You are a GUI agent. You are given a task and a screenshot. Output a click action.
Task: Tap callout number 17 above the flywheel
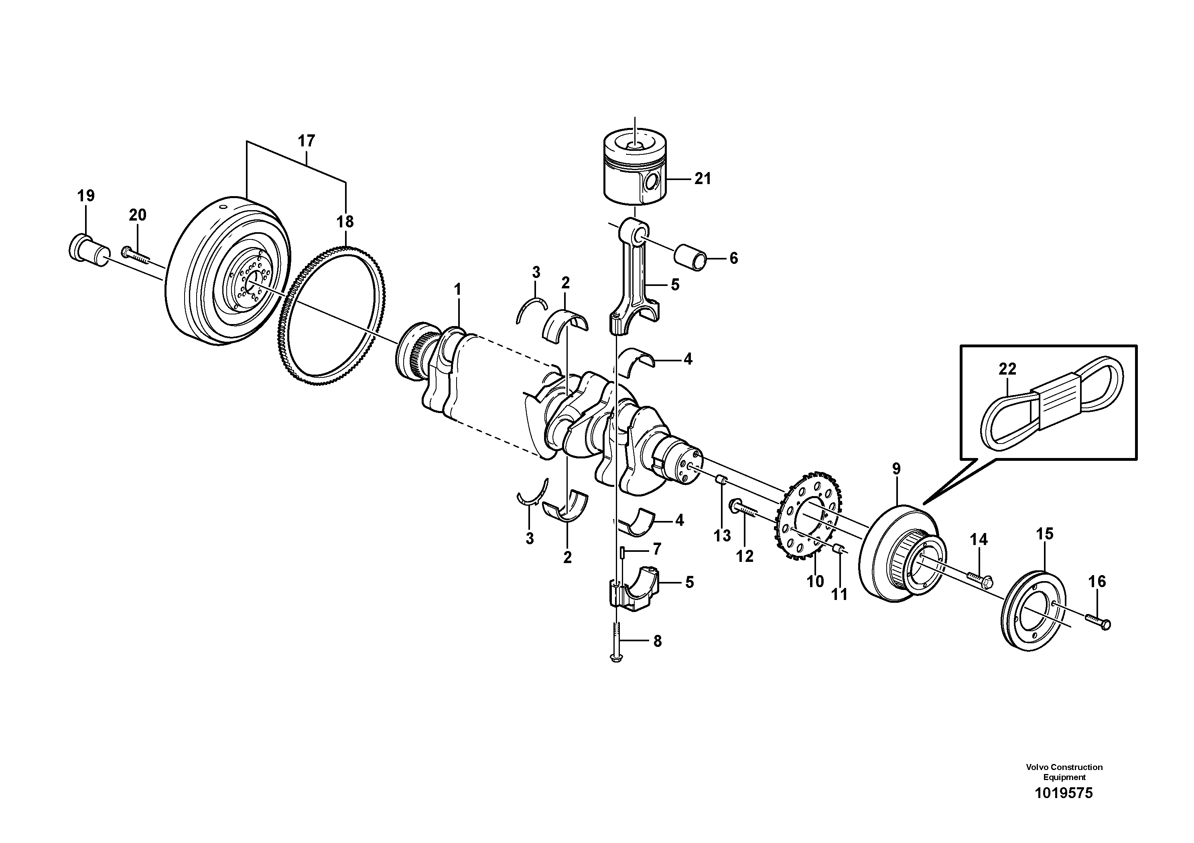click(x=306, y=141)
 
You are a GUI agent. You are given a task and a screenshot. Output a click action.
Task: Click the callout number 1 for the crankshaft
click(x=458, y=290)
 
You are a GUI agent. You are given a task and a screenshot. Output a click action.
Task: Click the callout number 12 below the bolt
click(x=745, y=556)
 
